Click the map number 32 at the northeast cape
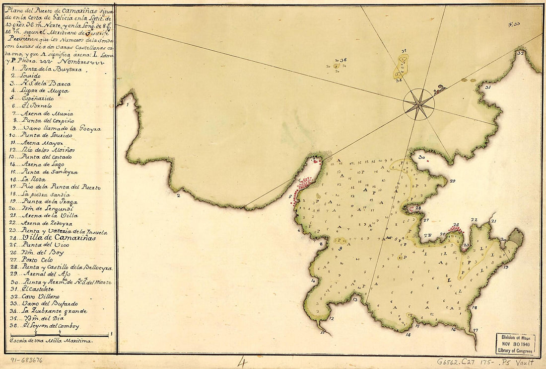(520, 53)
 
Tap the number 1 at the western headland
(128, 105)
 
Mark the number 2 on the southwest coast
(177, 195)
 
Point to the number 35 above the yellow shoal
(404, 51)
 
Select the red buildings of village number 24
(456, 230)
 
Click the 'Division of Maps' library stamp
(515, 344)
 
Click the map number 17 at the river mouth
(475, 330)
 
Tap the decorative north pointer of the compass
(439, 90)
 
